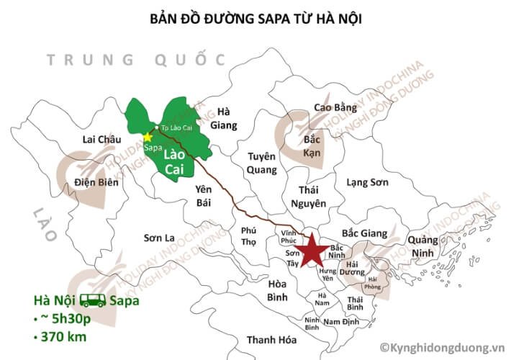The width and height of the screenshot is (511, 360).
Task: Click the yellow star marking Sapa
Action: (x=148, y=136)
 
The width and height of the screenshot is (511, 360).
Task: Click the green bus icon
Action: (x=93, y=300)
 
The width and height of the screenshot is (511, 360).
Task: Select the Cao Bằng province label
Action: (x=335, y=108)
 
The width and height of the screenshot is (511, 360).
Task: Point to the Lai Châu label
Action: (x=101, y=139)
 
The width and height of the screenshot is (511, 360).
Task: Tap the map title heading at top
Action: (x=256, y=19)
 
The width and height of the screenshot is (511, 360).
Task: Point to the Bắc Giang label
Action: (x=364, y=233)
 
